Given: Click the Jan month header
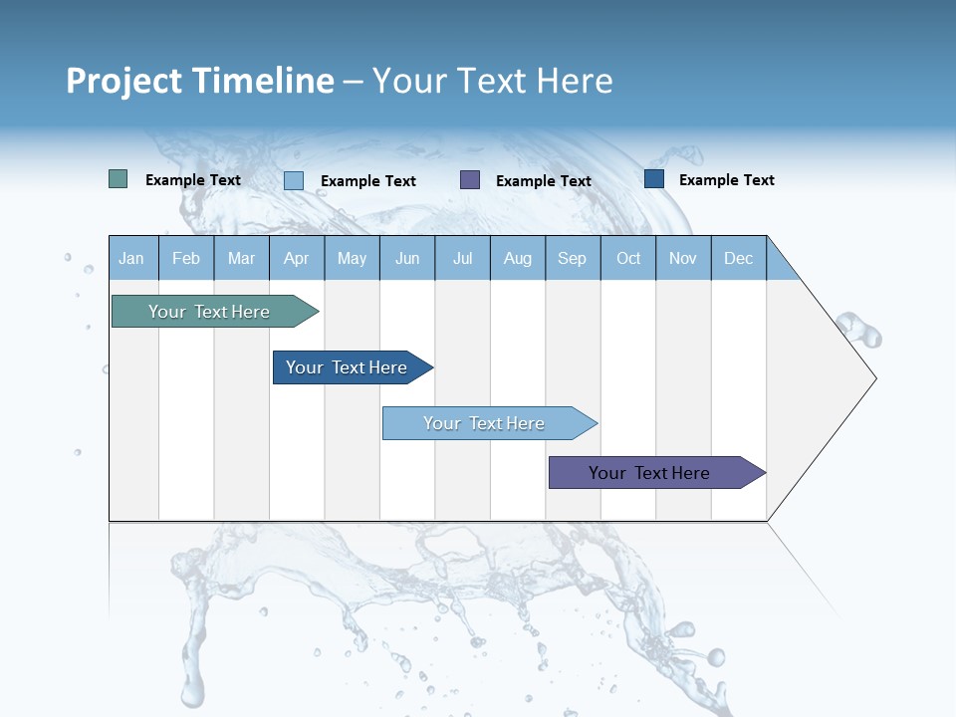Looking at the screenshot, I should pyautogui.click(x=131, y=258).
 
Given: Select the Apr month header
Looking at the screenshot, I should pyautogui.click(x=296, y=258).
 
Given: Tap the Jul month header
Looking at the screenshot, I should pyautogui.click(x=462, y=258).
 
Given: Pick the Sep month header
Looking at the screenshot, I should pyautogui.click(x=572, y=258).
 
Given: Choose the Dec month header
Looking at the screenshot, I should pyautogui.click(x=738, y=258).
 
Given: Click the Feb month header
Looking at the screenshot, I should pyautogui.click(x=186, y=258).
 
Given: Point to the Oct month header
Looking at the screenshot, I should pyautogui.click(x=628, y=258).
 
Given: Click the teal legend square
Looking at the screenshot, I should pyautogui.click(x=118, y=179).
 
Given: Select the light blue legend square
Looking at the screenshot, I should pyautogui.click(x=294, y=180).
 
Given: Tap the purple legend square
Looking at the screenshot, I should pyautogui.click(x=470, y=179).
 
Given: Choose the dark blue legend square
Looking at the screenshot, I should pyautogui.click(x=654, y=179).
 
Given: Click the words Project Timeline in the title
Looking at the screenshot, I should pyautogui.click(x=199, y=81).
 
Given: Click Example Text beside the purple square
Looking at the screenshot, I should pyautogui.click(x=543, y=181).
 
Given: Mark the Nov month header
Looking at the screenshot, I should pyautogui.click(x=683, y=258).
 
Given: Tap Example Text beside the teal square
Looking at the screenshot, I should pyautogui.click(x=192, y=180).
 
